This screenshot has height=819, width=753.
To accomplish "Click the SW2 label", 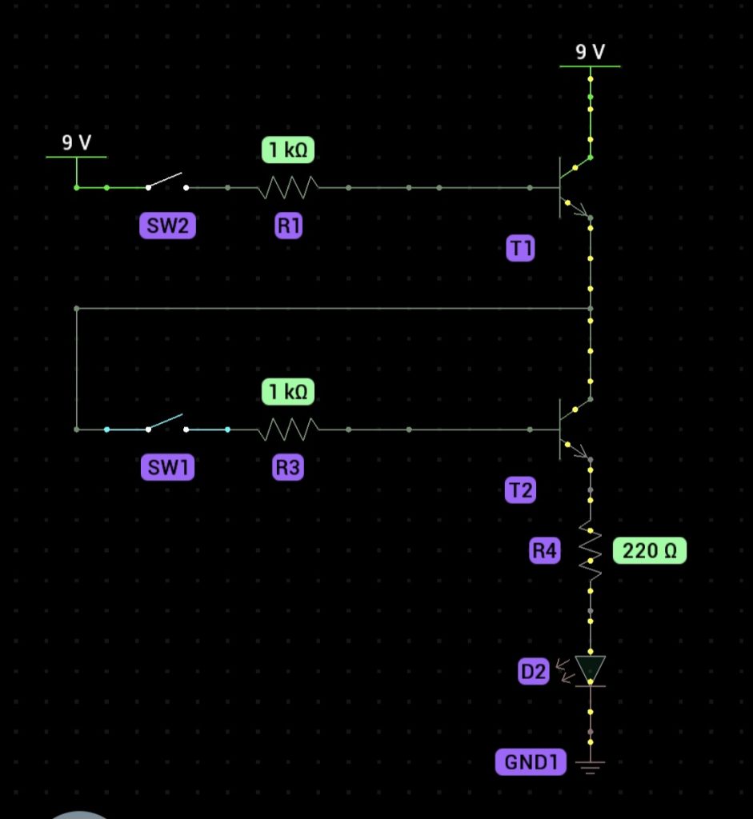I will click(x=166, y=227).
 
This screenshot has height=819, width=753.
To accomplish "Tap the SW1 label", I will click(x=167, y=468).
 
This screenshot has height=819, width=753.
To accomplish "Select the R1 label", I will click(x=288, y=227).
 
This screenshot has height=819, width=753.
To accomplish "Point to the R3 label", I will click(x=288, y=468).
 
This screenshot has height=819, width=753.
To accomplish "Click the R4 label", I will click(x=545, y=550).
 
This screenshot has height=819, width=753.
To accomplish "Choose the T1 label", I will click(x=520, y=250).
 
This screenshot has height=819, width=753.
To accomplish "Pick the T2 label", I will click(x=520, y=489).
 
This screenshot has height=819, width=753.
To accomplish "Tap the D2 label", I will click(x=533, y=673).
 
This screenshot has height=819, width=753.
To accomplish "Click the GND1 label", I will click(x=530, y=762).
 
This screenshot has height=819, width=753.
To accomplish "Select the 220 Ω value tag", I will click(x=649, y=550).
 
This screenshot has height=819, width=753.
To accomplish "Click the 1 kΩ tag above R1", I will click(x=288, y=150).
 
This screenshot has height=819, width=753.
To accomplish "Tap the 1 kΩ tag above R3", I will click(x=288, y=391).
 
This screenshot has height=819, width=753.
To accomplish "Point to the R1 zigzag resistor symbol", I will click(x=288, y=188).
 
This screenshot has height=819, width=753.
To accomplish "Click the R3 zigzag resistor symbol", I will click(x=288, y=429).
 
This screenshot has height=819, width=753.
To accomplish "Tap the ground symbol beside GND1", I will click(x=591, y=768).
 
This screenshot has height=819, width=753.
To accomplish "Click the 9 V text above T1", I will click(x=591, y=53).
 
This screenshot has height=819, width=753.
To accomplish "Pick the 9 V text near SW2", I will click(x=77, y=143).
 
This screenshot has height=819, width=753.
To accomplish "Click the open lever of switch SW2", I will click(x=166, y=181).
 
